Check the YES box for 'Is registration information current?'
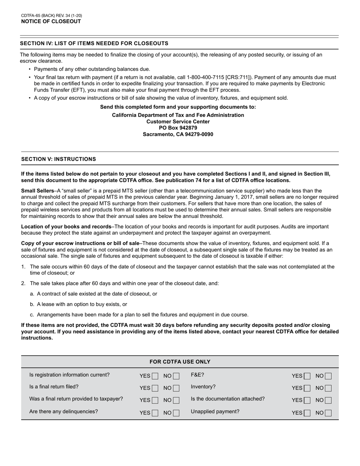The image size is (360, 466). click(x=155, y=376)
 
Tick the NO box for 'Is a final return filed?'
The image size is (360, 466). click(x=176, y=388)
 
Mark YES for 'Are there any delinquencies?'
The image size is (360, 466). click(x=155, y=413)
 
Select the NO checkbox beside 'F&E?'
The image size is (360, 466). click(x=328, y=376)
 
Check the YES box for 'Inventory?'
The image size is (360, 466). click(x=307, y=388)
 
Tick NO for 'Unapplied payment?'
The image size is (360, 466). click(x=328, y=413)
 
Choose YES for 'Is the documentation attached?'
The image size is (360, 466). click(x=307, y=400)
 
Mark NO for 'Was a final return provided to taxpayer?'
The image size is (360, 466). click(x=176, y=400)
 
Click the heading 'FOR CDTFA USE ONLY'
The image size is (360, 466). click(x=180, y=362)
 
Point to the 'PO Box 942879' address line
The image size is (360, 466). click(x=178, y=128)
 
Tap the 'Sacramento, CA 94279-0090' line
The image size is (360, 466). click(x=178, y=134)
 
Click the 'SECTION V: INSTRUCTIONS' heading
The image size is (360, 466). click(x=58, y=159)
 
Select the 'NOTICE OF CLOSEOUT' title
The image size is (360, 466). click(x=51, y=22)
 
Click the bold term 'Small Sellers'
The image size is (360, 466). click(x=38, y=191)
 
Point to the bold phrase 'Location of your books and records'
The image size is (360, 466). click(x=66, y=227)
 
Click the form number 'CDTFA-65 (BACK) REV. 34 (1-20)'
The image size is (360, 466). click(x=52, y=16)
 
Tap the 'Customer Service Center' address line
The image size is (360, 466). click(x=178, y=122)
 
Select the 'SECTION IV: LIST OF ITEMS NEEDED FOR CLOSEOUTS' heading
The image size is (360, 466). click(x=94, y=44)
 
